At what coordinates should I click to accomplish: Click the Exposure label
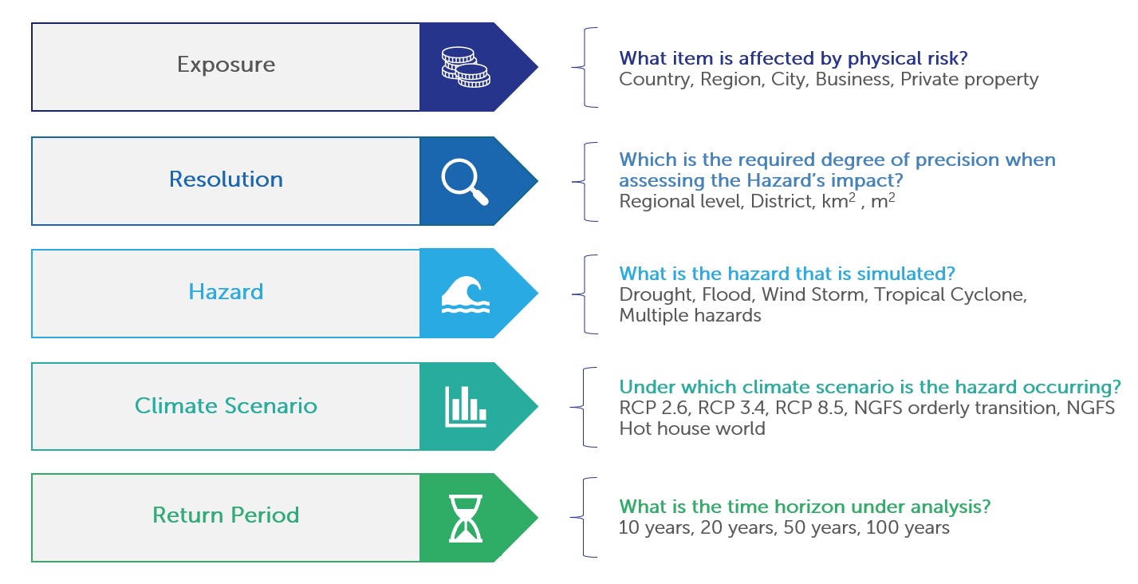(x=226, y=65)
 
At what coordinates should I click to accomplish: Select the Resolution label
(x=226, y=179)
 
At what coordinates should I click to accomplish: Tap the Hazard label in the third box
(x=226, y=292)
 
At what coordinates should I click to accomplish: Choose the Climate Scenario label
(x=226, y=405)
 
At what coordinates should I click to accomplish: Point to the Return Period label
(x=226, y=515)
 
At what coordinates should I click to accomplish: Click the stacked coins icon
(x=466, y=67)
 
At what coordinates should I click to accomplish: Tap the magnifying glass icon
(x=465, y=182)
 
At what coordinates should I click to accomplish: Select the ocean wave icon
(x=466, y=294)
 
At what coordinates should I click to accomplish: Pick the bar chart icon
(x=466, y=407)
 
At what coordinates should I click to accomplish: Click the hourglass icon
(x=466, y=519)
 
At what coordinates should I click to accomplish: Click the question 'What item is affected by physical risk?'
(x=793, y=58)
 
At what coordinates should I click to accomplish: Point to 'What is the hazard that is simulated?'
(x=787, y=274)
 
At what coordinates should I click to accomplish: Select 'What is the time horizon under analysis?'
(x=805, y=507)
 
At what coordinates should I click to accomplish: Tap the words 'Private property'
(x=969, y=80)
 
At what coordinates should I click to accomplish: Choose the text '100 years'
(x=908, y=527)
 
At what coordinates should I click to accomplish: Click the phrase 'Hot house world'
(x=692, y=428)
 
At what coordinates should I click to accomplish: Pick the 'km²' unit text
(x=839, y=200)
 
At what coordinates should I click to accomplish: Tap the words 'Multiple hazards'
(x=690, y=316)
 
